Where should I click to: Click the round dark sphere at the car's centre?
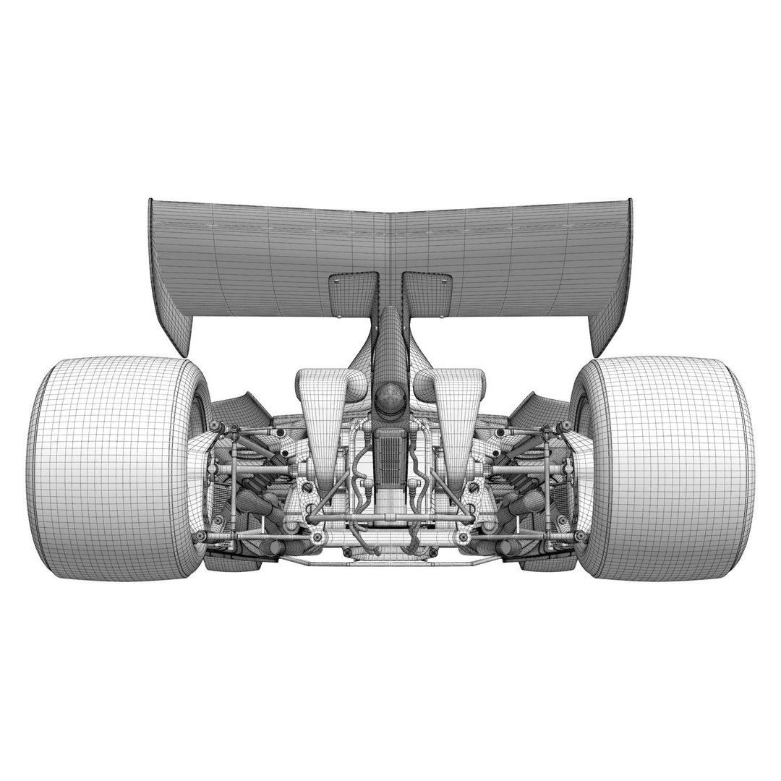390,396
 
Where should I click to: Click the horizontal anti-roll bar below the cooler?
390,517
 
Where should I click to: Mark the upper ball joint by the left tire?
215,427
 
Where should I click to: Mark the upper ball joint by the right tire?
566,427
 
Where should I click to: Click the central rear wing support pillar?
390,340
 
